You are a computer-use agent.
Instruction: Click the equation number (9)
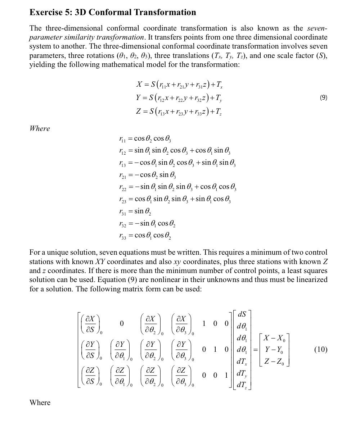pos(323,97)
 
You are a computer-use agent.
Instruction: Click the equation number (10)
pos(320,349)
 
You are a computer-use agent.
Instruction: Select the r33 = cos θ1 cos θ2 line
pos(145,236)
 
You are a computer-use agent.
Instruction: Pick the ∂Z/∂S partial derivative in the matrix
pos(90,376)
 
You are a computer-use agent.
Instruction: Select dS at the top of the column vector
pos(242,314)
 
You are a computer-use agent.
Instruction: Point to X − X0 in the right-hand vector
pos(274,338)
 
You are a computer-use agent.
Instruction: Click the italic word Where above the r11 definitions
pos(40,128)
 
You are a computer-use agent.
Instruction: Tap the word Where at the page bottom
pos(40,402)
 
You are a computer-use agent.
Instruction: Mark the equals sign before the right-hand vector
pos(255,350)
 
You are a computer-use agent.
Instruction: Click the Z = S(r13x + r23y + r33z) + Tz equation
pos(179,112)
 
